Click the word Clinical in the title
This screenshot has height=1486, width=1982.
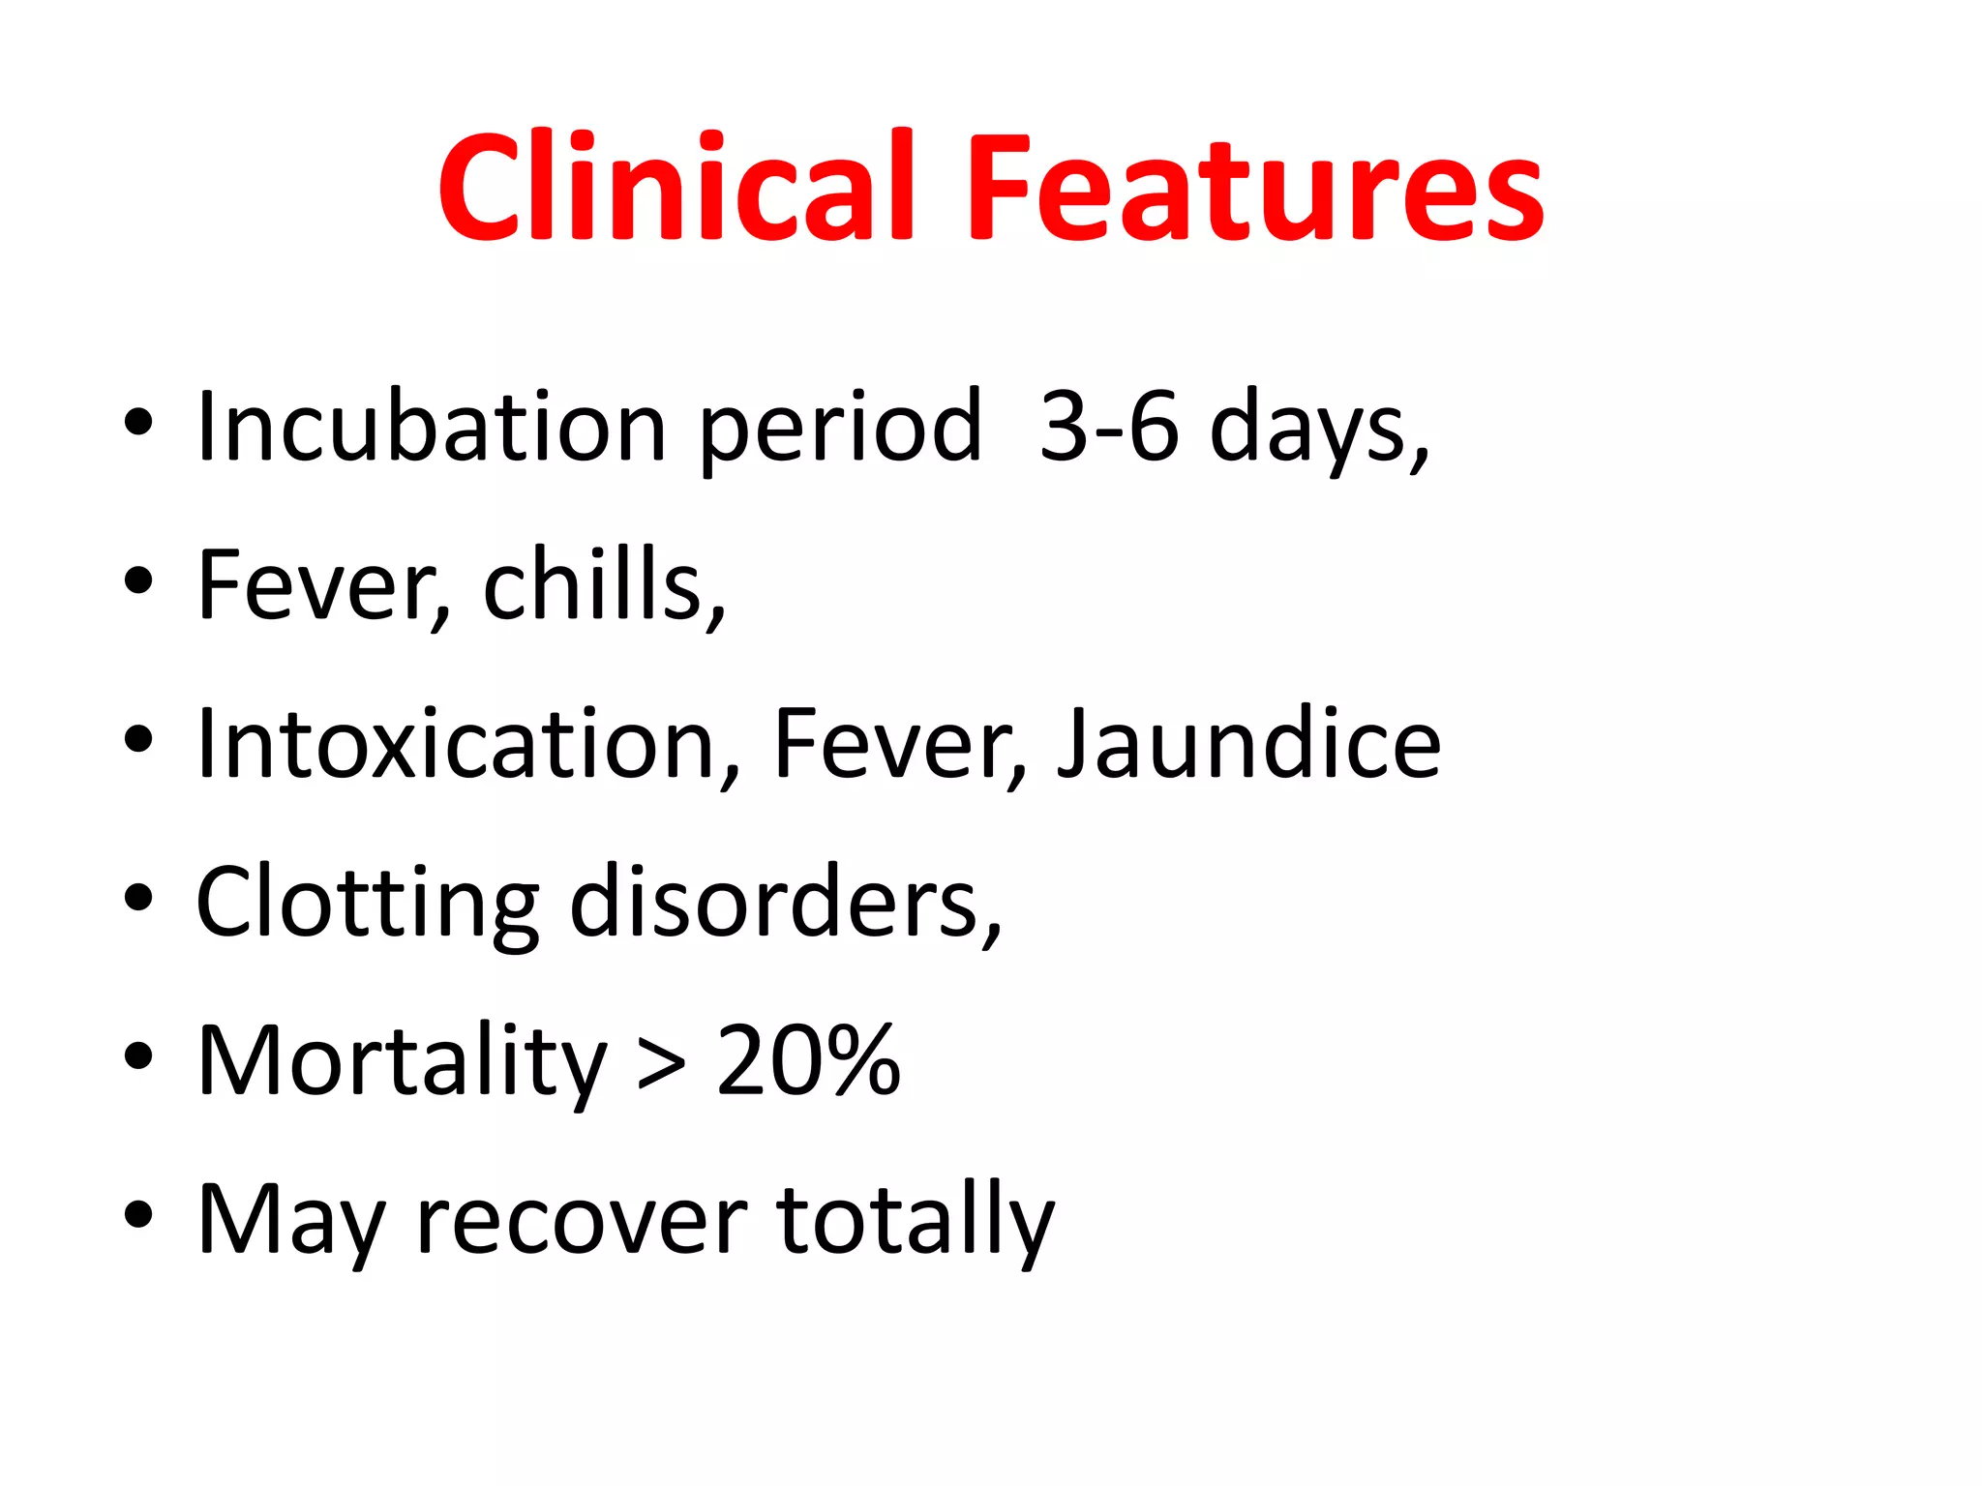coord(676,186)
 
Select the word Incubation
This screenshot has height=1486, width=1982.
coord(432,427)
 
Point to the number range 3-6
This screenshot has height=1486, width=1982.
coord(1109,427)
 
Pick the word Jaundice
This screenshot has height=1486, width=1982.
coord(1248,743)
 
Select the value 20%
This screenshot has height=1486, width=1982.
coord(809,1060)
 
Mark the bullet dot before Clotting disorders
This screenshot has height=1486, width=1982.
coord(138,898)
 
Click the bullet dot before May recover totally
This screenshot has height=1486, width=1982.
coord(138,1214)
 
